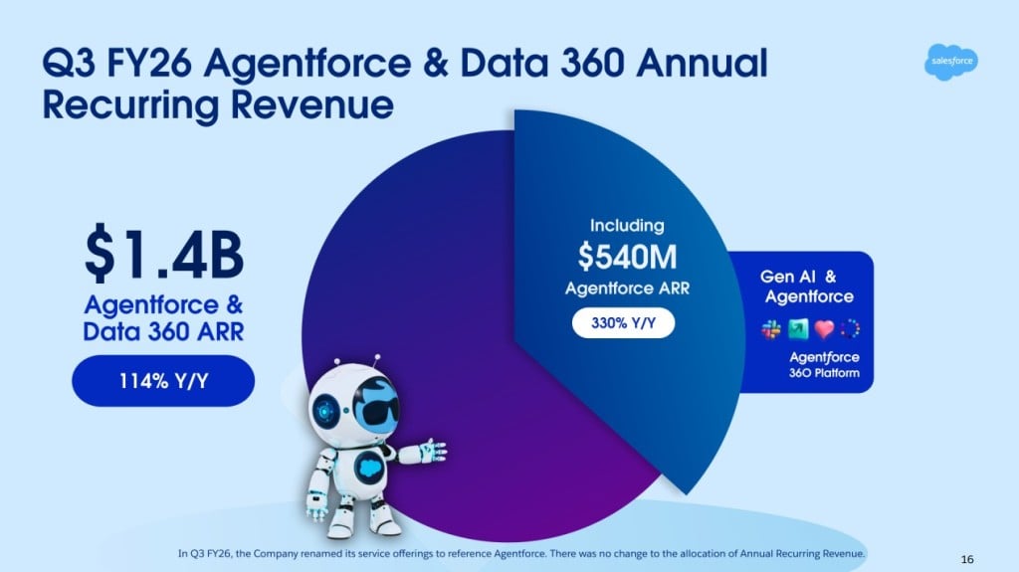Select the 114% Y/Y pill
click(162, 379)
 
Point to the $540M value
click(627, 257)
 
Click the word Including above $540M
click(627, 226)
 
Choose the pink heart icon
click(824, 329)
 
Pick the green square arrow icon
click(797, 329)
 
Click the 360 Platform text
click(825, 374)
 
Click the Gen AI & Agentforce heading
click(807, 286)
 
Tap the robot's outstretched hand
click(434, 451)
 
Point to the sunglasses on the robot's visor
click(363, 411)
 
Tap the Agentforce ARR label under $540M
click(627, 289)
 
